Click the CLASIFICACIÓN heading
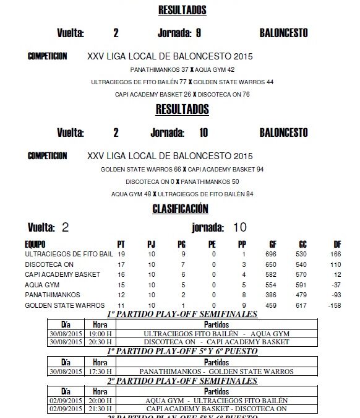[181, 209]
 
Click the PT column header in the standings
[121, 244]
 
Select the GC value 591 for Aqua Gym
[301, 285]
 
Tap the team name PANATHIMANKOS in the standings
[52, 295]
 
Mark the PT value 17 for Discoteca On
[121, 264]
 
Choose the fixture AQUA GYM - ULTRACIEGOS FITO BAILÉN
[216, 401]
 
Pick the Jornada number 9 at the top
[198, 33]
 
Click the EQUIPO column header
[35, 244]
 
